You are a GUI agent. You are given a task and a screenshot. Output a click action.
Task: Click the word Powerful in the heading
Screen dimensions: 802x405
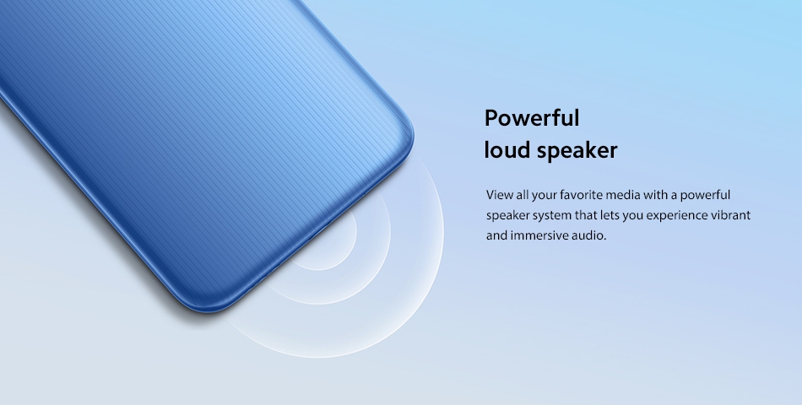click(x=532, y=118)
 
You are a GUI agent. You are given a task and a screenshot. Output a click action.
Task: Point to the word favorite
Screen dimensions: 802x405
click(x=581, y=195)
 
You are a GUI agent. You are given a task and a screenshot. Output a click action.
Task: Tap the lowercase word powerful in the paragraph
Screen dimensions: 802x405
click(x=705, y=196)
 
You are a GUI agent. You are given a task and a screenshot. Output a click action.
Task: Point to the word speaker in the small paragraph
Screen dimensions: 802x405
click(x=508, y=216)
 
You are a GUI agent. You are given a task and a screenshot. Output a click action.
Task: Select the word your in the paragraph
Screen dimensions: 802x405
click(x=545, y=196)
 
